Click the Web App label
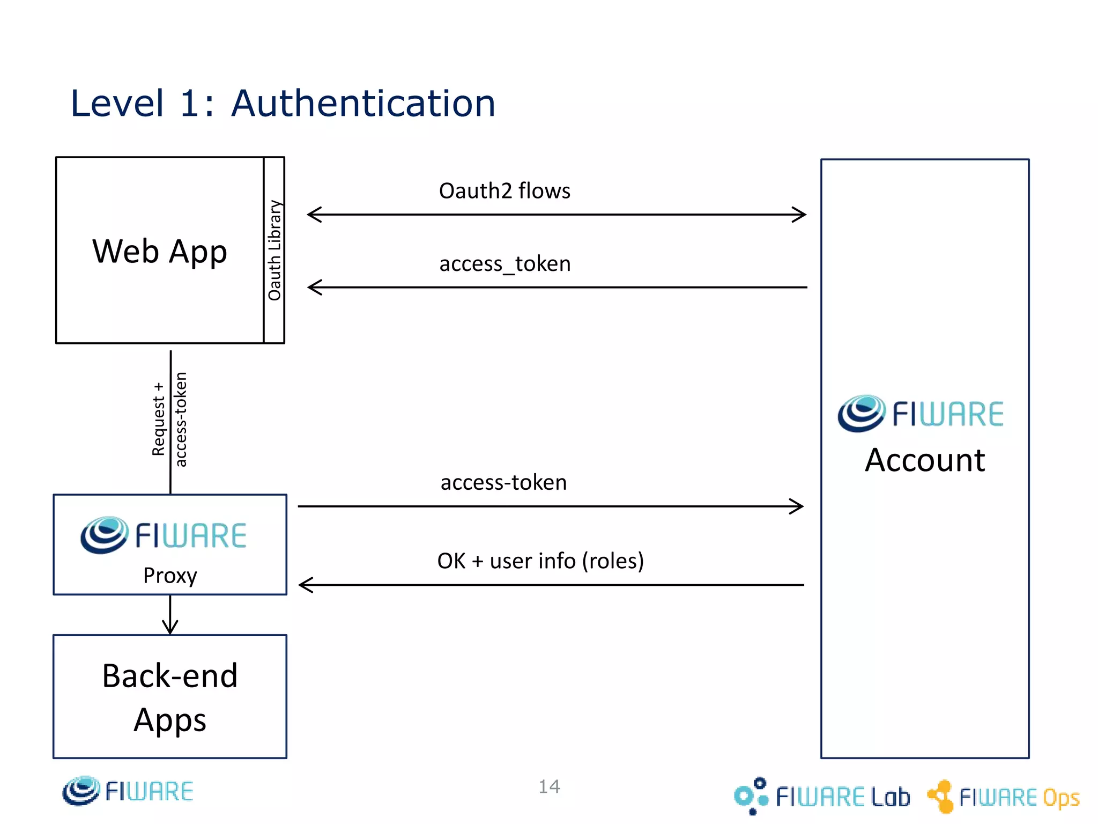point(160,251)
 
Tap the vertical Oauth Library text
point(274,250)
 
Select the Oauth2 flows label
point(505,191)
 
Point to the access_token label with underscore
point(505,264)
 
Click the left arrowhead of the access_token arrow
point(314,288)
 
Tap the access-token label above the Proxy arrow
point(503,482)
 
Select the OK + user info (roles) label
point(540,561)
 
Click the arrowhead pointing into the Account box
point(798,506)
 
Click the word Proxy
point(170,576)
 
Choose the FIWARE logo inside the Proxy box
point(164,535)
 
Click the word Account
point(925,460)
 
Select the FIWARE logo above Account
point(921,414)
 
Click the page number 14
point(549,786)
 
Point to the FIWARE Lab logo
point(822,796)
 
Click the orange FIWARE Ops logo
point(1003,797)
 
